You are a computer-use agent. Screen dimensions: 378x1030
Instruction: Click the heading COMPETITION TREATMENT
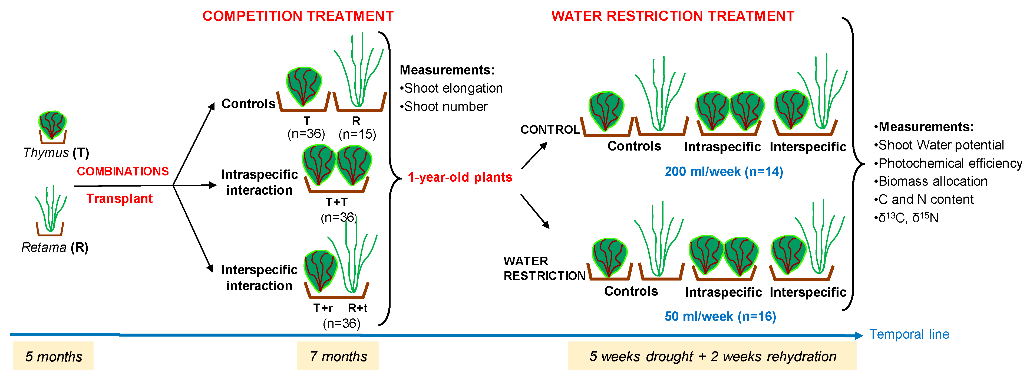298,16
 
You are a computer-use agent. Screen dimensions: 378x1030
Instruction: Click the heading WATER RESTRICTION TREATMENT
672,16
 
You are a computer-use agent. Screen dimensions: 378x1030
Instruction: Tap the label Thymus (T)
56,152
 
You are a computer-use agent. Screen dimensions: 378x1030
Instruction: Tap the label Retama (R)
55,247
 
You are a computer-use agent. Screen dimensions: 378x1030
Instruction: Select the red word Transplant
120,198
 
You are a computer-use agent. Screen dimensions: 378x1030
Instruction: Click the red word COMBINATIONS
123,171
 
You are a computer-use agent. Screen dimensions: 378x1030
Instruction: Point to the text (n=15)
357,134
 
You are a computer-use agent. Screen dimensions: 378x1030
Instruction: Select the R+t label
358,308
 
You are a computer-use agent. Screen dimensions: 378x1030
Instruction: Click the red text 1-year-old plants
460,177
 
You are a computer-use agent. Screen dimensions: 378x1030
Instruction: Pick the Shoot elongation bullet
451,88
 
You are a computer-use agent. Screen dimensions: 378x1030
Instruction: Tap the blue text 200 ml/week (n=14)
724,171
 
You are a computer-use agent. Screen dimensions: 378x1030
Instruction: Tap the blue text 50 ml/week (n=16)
720,316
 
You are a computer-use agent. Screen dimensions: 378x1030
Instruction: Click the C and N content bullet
924,199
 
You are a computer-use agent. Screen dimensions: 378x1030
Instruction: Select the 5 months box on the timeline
53,356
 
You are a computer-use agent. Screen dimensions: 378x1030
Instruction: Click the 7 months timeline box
338,356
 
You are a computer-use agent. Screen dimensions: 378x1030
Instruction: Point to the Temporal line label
909,334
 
